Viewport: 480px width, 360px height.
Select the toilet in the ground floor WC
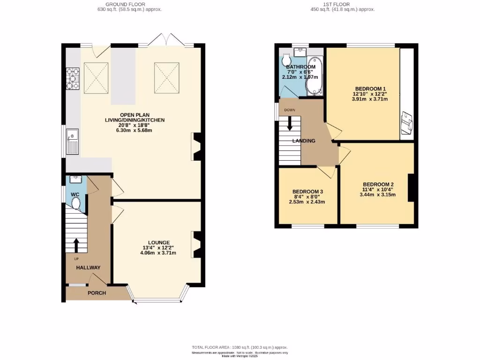[75, 203]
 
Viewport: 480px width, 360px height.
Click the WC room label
[75, 194]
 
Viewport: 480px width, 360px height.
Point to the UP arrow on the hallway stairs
[76, 245]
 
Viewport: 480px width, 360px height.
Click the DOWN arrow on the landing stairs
[290, 124]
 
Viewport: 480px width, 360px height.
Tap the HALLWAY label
[89, 268]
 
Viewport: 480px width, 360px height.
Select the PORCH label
[97, 293]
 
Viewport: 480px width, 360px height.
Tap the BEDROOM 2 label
[377, 184]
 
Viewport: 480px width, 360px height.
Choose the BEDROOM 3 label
[308, 192]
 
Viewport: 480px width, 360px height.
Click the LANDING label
[303, 141]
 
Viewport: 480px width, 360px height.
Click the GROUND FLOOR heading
[129, 4]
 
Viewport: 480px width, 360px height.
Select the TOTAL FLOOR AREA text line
[240, 347]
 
